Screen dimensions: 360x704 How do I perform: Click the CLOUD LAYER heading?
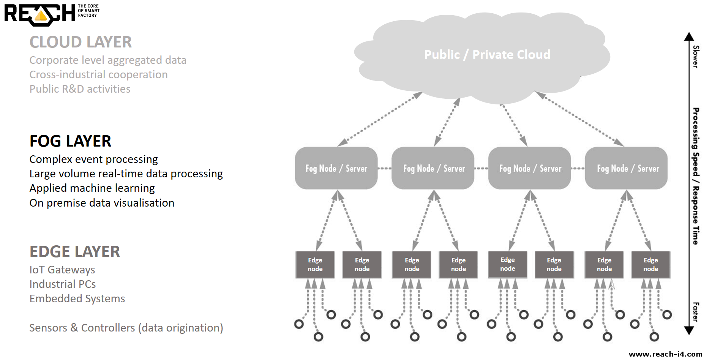click(81, 42)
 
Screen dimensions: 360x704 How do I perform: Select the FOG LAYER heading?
click(70, 141)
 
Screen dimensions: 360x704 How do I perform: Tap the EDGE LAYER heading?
click(75, 252)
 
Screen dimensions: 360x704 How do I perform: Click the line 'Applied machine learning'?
click(92, 188)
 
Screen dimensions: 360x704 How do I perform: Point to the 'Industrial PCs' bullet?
click(63, 284)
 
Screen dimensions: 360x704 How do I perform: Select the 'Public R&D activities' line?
click(80, 89)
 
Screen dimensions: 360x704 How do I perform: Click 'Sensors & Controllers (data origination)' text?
click(126, 328)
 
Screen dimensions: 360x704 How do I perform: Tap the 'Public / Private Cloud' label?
click(487, 55)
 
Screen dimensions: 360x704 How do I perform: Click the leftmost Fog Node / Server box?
click(336, 168)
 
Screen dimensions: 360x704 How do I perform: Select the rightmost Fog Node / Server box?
click(626, 168)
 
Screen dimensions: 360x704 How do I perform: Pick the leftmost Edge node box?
click(315, 265)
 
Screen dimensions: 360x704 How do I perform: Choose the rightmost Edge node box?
click(650, 265)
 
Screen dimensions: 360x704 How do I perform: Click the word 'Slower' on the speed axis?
click(696, 57)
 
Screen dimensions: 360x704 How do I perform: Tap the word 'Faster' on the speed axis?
click(696, 312)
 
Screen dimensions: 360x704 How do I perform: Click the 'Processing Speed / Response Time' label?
click(696, 176)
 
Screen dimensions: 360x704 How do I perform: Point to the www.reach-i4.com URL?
click(665, 354)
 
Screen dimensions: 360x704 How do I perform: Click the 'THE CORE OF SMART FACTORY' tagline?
click(88, 11)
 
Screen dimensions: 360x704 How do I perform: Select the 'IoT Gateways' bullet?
click(62, 270)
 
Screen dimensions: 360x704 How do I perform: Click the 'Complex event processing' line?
click(94, 159)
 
